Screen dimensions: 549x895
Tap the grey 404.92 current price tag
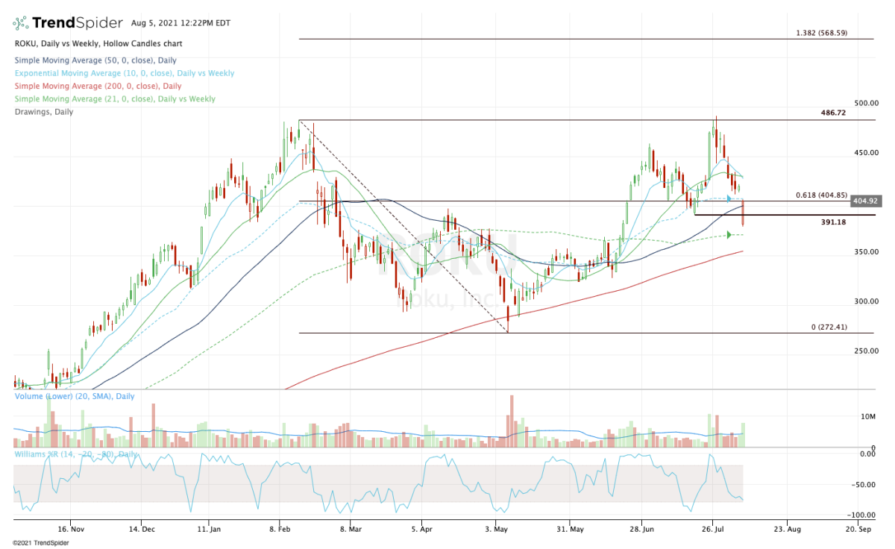click(867, 201)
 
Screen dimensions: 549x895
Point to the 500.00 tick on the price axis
click(866, 103)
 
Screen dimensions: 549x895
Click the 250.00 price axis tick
click(866, 351)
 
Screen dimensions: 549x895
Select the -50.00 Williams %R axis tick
click(864, 484)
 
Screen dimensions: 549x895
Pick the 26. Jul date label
click(713, 529)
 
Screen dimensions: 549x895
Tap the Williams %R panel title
click(75, 454)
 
